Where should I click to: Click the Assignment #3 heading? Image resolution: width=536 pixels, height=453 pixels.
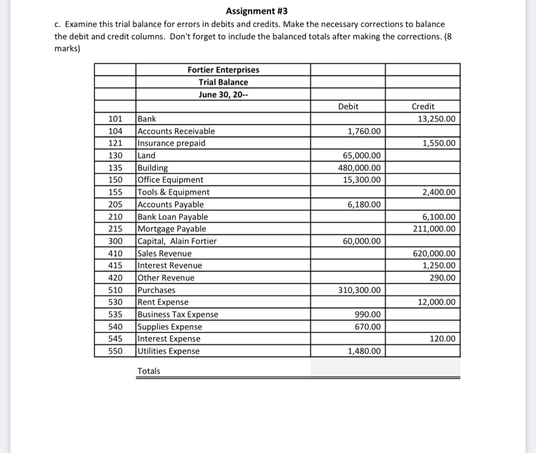pos(257,11)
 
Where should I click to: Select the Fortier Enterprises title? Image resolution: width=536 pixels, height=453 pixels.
pos(223,70)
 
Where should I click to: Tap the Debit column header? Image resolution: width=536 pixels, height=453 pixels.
pos(348,107)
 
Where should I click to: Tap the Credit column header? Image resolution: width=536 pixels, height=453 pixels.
pos(423,107)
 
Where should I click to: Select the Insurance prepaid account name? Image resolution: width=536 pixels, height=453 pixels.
pos(172,143)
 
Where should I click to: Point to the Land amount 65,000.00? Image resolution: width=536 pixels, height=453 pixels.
pos(362,156)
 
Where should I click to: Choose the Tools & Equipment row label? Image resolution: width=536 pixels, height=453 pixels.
pos(173,192)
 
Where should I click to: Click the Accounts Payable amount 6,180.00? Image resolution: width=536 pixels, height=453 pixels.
pos(364,205)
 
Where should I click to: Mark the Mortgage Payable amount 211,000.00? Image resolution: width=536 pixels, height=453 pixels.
pos(434,229)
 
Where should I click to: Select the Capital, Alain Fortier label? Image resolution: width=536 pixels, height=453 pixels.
pos(177,241)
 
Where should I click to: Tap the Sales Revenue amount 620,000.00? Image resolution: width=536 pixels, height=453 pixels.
pos(434,254)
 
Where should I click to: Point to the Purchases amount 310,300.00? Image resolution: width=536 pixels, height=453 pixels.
pos(359,290)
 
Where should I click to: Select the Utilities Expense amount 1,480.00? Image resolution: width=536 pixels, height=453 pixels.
pos(364,351)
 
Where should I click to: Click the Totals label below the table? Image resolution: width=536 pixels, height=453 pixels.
pos(149,371)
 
